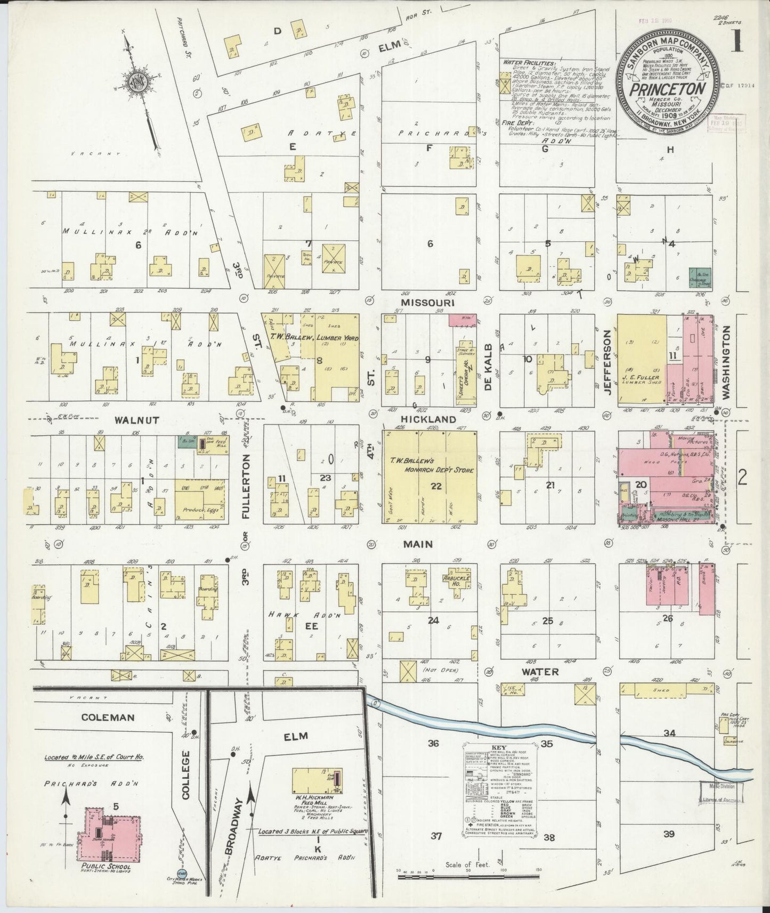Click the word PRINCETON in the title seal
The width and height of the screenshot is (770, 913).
tap(668, 89)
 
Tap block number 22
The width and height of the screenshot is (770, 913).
tap(437, 486)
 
